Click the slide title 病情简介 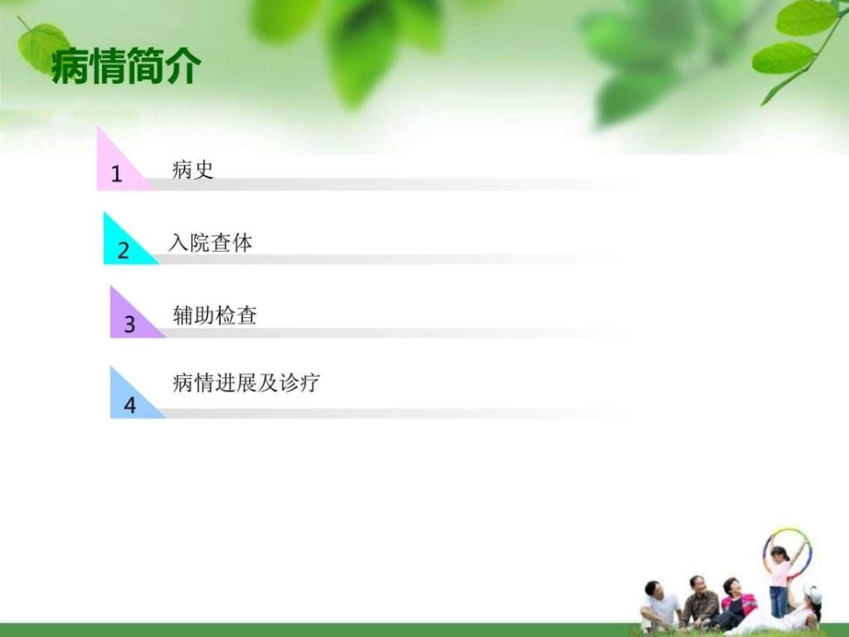(126, 67)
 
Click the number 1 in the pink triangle (116, 174)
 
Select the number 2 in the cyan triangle (123, 250)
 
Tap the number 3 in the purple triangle (130, 324)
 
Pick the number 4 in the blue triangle (130, 405)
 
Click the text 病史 (193, 170)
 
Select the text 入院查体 (211, 243)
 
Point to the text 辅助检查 (214, 315)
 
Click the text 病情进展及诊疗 (246, 384)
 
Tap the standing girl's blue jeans (779, 600)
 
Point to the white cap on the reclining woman (813, 594)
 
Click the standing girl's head (779, 554)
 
